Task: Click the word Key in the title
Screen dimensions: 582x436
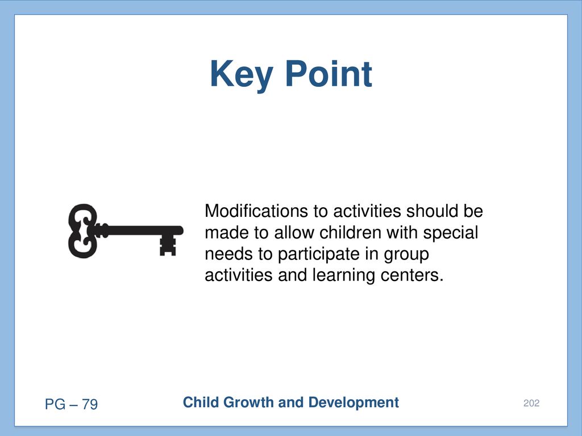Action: click(241, 74)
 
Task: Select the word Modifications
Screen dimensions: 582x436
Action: click(256, 211)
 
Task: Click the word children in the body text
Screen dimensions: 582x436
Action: click(350, 232)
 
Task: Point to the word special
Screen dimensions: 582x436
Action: click(450, 233)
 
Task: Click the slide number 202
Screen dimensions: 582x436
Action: click(531, 403)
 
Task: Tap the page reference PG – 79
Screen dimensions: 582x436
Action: click(71, 404)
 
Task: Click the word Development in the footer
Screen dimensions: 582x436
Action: click(354, 403)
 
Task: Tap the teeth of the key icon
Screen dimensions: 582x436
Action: click(168, 245)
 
